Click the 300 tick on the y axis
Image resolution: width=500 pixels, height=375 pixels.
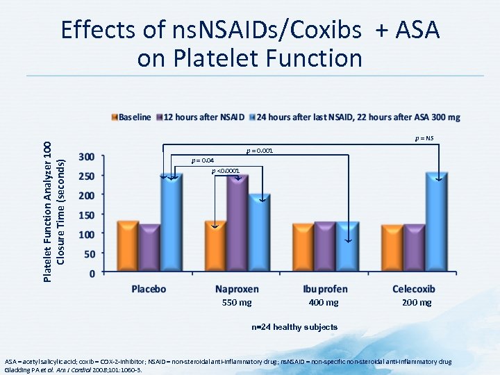[x=87, y=156]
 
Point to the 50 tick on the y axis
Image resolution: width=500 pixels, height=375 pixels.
[x=90, y=254]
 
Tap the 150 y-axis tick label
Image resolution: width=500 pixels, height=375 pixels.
[x=87, y=215]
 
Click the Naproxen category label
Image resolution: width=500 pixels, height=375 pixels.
[x=237, y=288]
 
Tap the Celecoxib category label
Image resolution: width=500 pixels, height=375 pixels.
[x=414, y=288]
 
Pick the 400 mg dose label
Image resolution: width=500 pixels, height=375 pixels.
[x=324, y=303]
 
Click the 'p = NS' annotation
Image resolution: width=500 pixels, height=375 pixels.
[x=424, y=139]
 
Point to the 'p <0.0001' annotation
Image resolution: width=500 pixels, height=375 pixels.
[x=225, y=171]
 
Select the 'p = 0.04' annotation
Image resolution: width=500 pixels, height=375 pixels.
[x=201, y=161]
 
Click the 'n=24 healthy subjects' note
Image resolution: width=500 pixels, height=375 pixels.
[x=294, y=327]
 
